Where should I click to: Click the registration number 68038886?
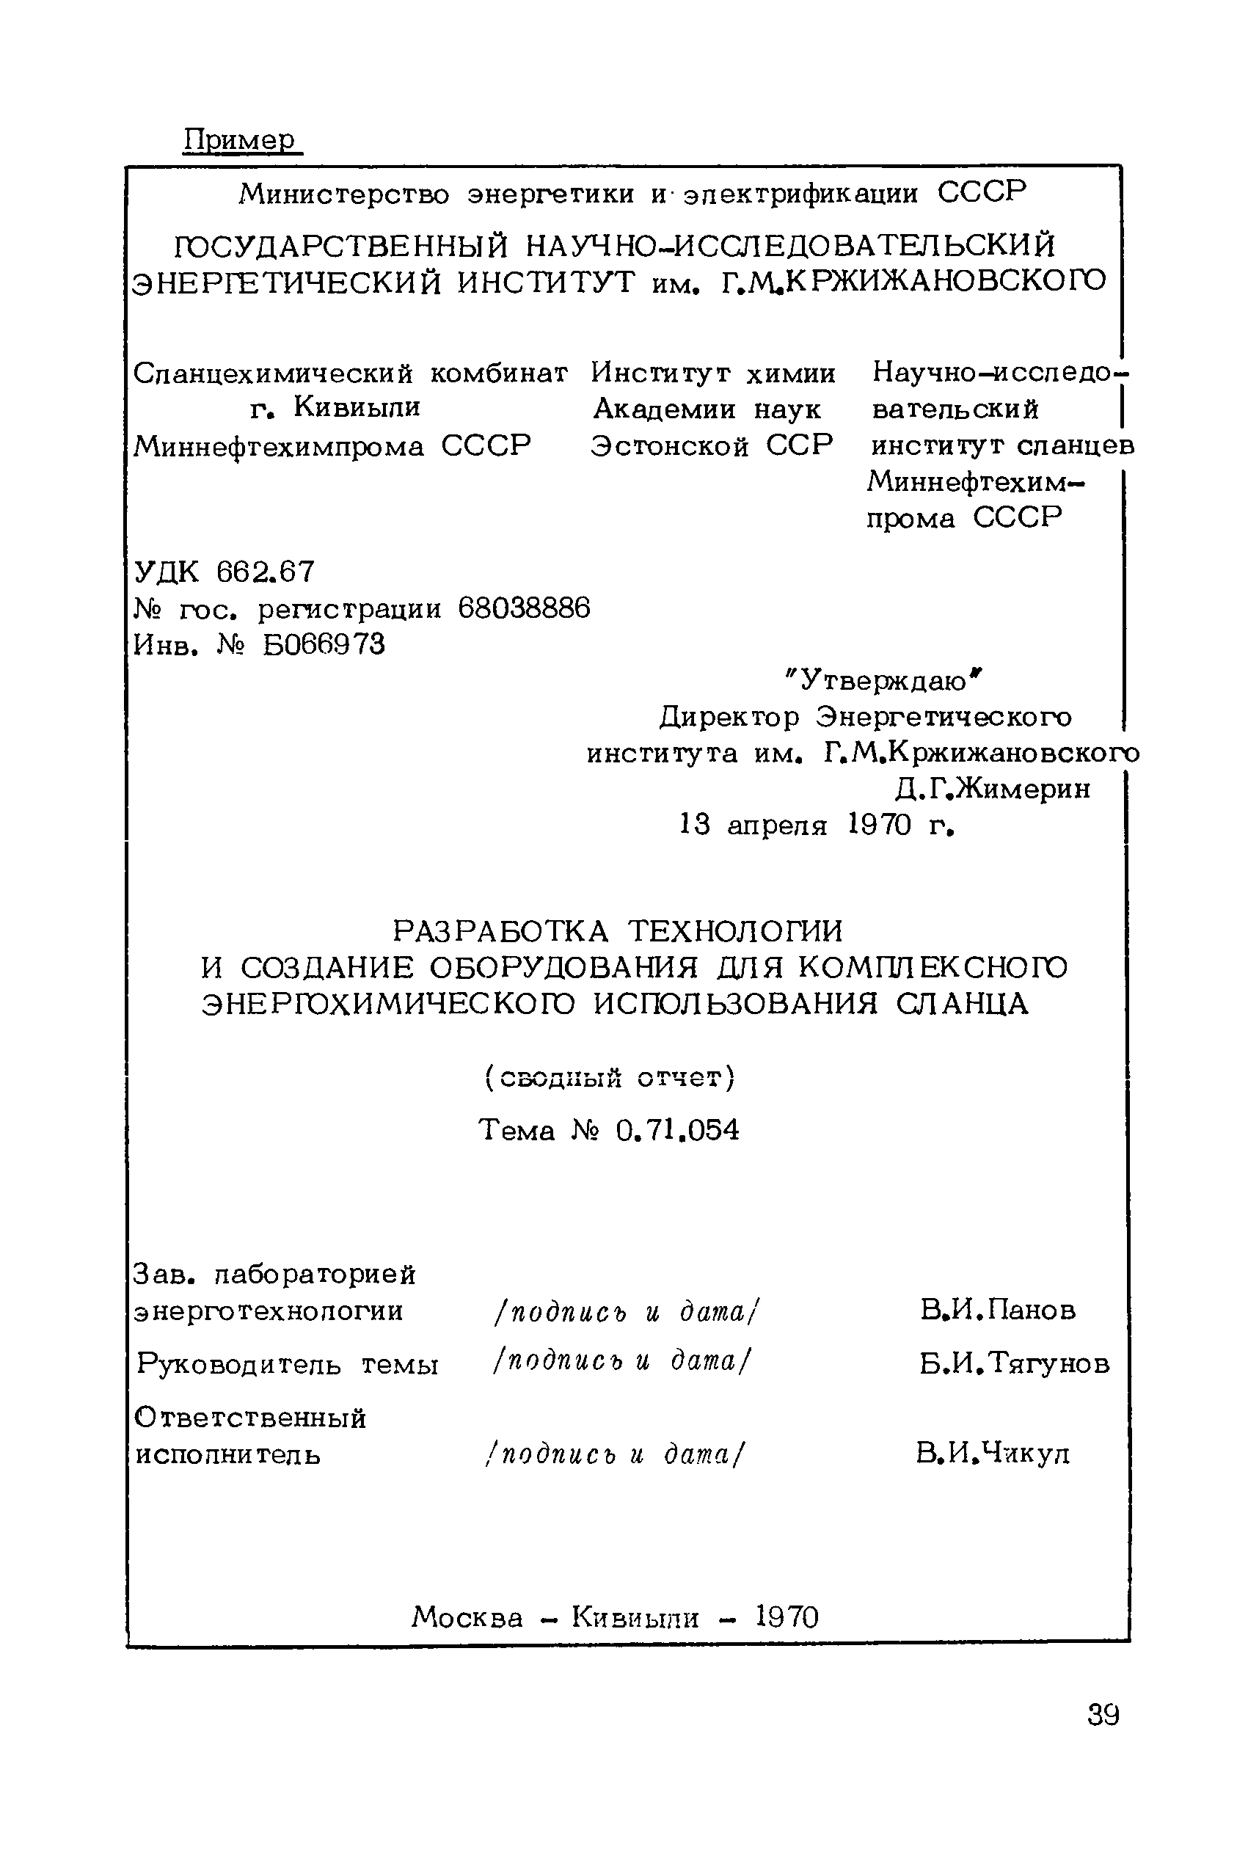coord(525,609)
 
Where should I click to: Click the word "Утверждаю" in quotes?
coord(883,680)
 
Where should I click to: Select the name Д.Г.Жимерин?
coord(993,789)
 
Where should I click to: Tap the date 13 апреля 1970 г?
coord(817,826)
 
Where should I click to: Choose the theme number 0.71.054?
coord(677,1130)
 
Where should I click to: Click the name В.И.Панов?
coord(998,1310)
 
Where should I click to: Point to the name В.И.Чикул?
coord(993,1454)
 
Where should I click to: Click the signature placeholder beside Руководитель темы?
coord(621,1362)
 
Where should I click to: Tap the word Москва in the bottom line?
coord(468,1617)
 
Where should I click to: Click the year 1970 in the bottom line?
coord(787,1617)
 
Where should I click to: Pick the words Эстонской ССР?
coord(712,445)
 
